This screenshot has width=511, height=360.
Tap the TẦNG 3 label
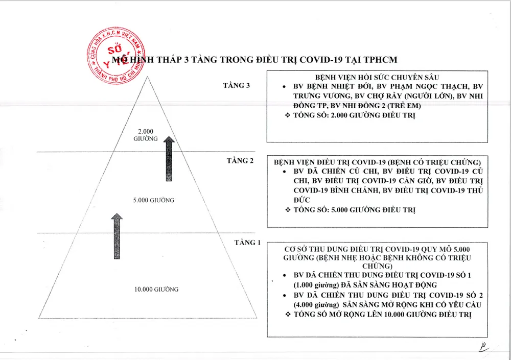coord(236,85)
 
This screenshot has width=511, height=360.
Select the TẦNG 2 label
coord(240,160)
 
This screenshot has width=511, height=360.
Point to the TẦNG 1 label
coord(247,243)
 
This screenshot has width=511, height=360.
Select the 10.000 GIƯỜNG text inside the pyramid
coord(156,290)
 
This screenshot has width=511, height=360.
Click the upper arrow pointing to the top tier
coord(169,158)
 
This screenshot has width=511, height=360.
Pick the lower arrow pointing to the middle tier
coord(117,236)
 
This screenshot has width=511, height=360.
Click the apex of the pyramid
coord(147,78)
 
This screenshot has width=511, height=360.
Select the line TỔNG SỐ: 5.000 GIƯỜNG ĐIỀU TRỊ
coord(354,210)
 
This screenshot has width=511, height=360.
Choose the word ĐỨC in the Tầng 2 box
coord(303,200)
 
